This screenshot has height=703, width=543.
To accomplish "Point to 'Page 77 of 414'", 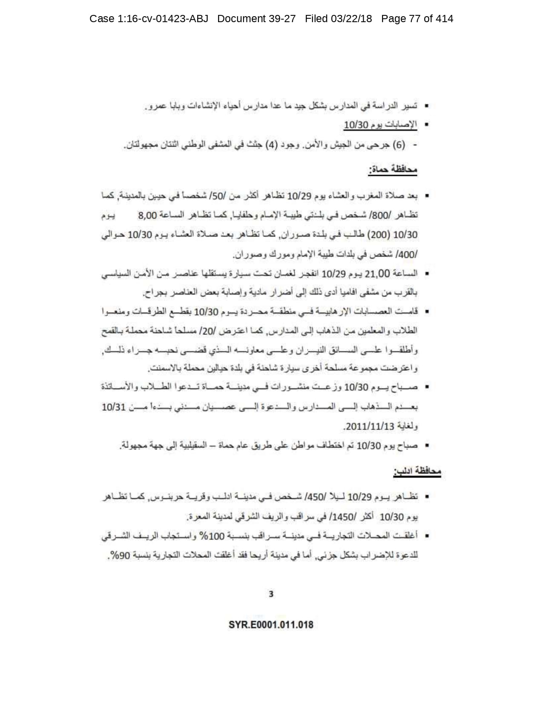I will pyautogui.click(x=417, y=19).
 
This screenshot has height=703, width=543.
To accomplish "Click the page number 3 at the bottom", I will pyautogui.click(x=271, y=594).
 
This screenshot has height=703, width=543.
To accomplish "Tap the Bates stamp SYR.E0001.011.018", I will pyautogui.click(x=271, y=625).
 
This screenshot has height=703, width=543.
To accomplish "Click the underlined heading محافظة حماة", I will pyautogui.click(x=393, y=170).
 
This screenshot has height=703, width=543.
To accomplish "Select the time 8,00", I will pyautogui.click(x=148, y=216).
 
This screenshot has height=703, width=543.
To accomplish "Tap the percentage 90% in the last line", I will pyautogui.click(x=118, y=556).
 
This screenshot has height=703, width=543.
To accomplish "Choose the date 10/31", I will pyautogui.click(x=114, y=407).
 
